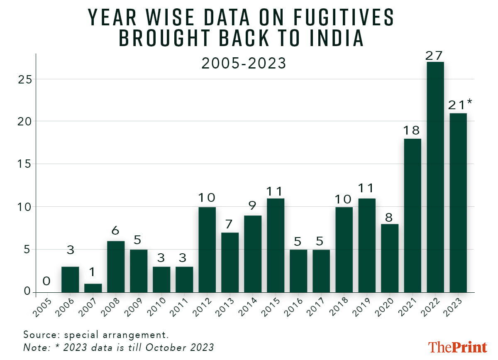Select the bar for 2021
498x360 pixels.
pos(413,216)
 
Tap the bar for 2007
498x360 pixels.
pos(93,288)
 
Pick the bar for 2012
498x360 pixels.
pos(207,250)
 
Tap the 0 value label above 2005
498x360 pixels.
pos(47,282)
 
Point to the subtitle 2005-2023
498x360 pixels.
pos(244,64)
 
